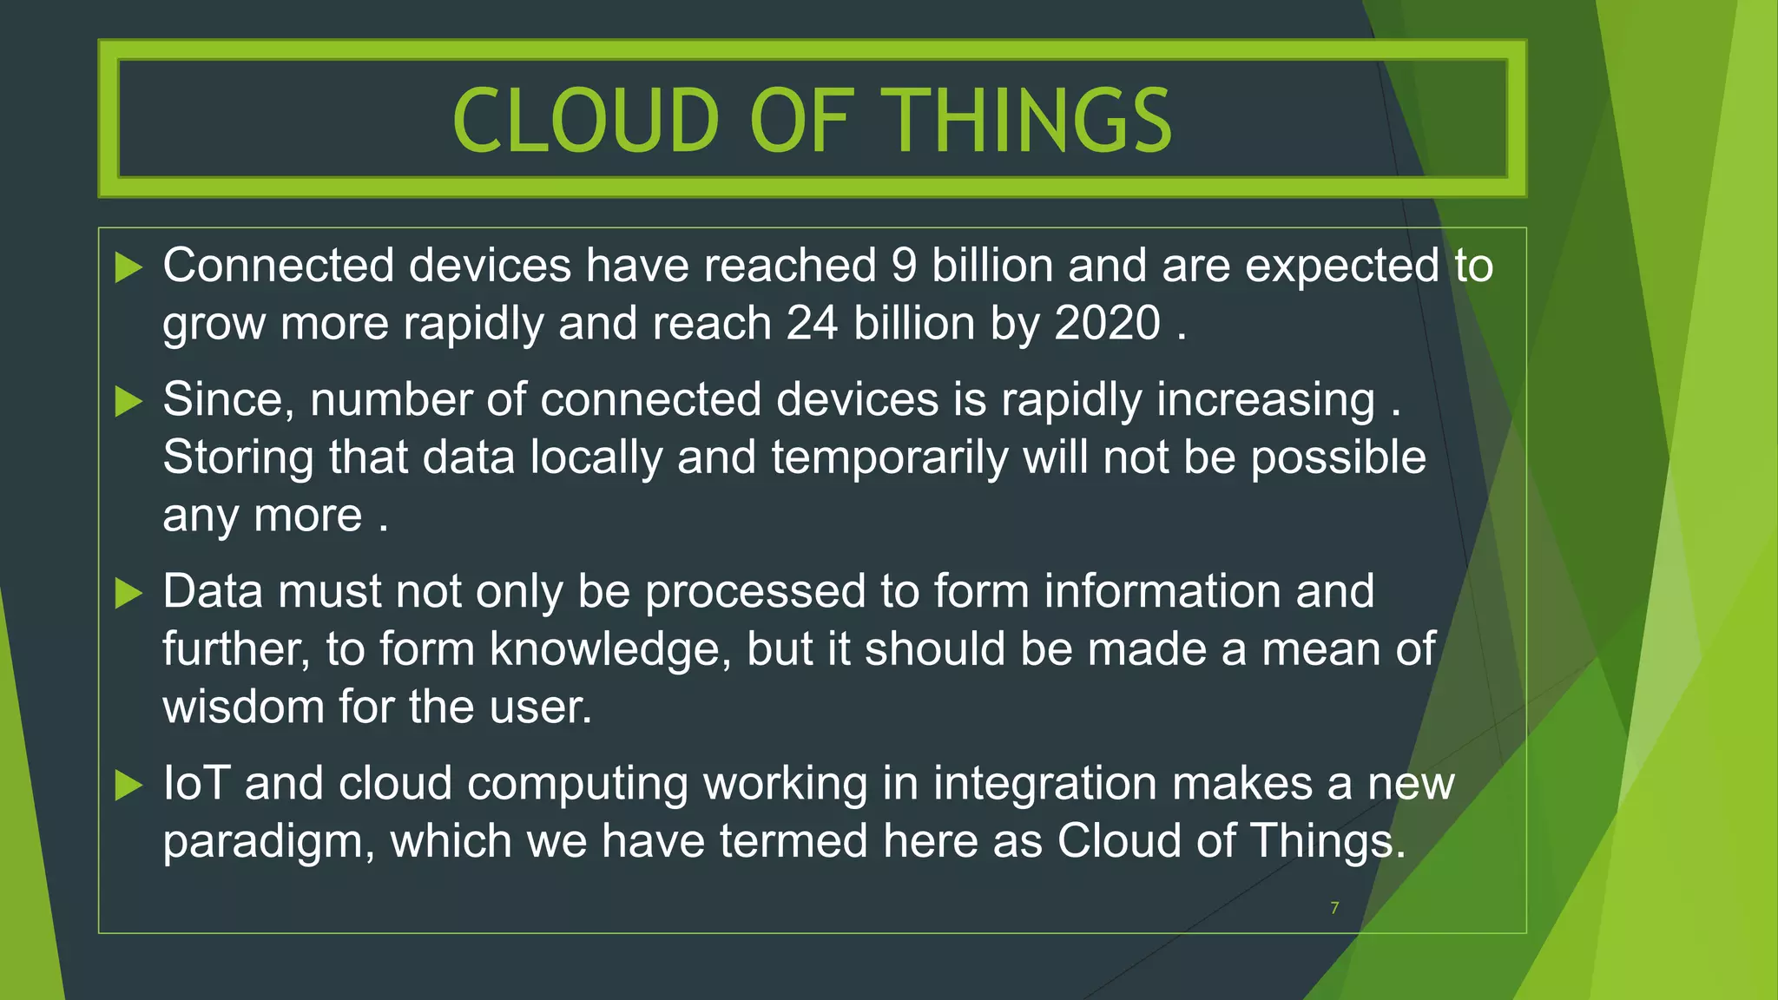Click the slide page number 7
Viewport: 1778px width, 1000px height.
(x=1334, y=908)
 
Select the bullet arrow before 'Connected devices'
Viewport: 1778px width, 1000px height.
(x=128, y=267)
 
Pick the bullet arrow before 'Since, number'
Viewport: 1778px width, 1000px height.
(x=128, y=401)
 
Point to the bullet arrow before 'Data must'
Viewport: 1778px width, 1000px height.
(x=128, y=594)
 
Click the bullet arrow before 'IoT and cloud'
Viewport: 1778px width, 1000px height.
(x=128, y=786)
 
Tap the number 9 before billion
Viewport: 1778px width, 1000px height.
(x=904, y=266)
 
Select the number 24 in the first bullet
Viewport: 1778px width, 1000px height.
(x=812, y=324)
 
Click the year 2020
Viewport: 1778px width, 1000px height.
(x=1107, y=324)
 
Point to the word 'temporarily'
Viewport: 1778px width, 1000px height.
(x=889, y=458)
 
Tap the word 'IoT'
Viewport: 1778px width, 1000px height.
(x=196, y=784)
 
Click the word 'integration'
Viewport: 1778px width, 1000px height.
(x=1045, y=784)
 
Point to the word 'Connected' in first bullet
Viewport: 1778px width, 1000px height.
(x=278, y=266)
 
